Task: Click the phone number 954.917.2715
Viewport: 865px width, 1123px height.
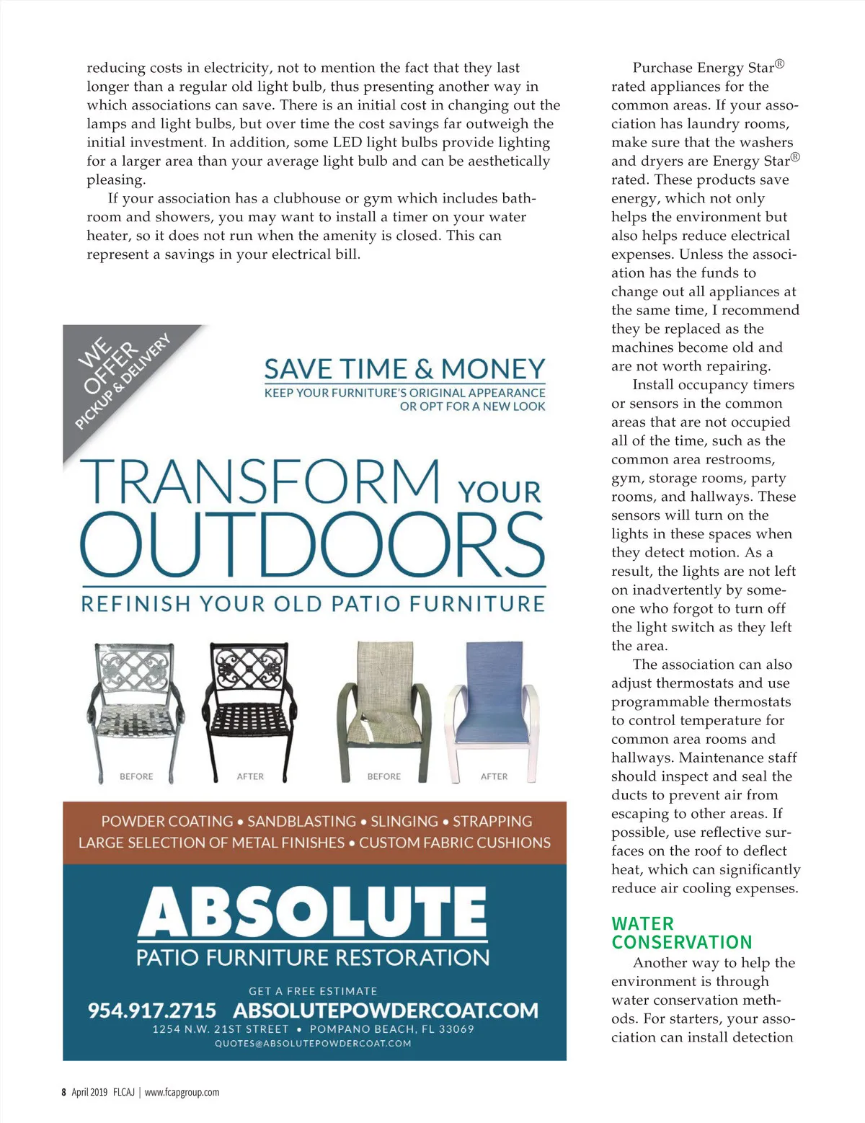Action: [x=151, y=1010]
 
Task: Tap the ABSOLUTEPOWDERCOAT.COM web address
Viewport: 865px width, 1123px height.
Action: [x=386, y=1010]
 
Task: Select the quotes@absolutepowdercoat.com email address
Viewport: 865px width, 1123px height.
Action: [x=313, y=1043]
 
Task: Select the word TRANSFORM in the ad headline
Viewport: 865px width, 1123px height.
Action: [x=260, y=481]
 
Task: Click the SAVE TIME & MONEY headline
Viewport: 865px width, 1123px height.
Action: [x=404, y=369]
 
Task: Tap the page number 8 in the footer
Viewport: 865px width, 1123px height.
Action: [x=63, y=1092]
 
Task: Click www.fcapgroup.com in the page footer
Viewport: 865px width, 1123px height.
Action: [x=182, y=1092]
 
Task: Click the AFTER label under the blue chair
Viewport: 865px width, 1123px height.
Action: [x=494, y=776]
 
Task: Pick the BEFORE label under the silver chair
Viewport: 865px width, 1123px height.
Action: [x=136, y=776]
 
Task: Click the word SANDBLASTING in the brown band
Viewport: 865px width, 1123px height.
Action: [x=301, y=821]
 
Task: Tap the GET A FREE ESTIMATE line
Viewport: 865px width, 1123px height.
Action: [x=313, y=991]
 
